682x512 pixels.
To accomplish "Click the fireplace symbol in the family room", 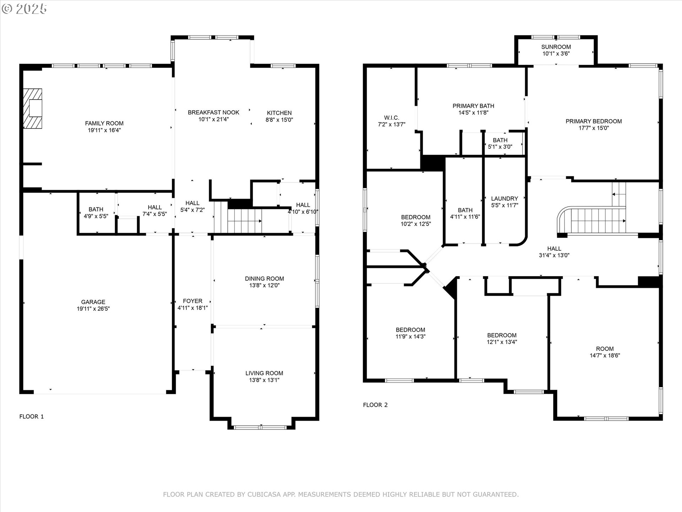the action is (33, 108).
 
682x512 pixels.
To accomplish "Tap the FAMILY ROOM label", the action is (104, 123).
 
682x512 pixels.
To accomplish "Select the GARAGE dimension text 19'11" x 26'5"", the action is (93, 309).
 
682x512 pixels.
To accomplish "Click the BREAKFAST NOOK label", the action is (213, 112).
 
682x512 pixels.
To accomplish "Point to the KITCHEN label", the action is (279, 113).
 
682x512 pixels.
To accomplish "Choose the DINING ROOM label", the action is (264, 279).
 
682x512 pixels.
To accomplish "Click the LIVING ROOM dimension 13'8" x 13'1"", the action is (264, 380).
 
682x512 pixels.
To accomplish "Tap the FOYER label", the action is (193, 301).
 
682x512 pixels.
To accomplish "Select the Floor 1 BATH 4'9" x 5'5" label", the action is (96, 213).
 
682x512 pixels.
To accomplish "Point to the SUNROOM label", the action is (556, 47).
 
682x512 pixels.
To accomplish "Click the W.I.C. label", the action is (391, 118).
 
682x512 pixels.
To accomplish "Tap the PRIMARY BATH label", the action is (473, 106).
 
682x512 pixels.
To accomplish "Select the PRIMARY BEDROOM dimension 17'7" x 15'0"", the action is (594, 128).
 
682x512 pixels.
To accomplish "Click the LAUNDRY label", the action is (504, 199).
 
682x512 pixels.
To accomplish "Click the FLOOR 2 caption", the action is (375, 405).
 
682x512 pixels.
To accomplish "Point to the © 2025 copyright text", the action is (24, 9).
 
